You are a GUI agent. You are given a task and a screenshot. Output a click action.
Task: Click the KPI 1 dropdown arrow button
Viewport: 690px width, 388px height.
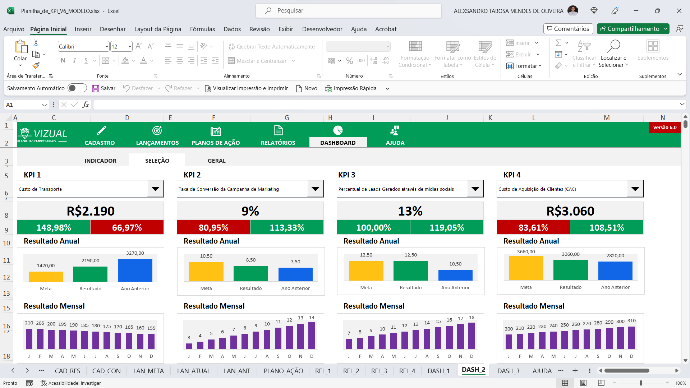click(155, 189)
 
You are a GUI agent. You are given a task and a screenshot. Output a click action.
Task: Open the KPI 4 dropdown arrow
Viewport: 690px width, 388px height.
click(635, 189)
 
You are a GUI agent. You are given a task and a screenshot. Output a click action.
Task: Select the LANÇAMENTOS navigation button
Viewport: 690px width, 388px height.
click(157, 135)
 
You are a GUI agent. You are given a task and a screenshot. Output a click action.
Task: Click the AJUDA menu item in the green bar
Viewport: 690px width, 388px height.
click(395, 135)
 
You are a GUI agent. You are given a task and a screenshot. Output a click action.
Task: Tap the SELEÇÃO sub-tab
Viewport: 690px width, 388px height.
click(157, 161)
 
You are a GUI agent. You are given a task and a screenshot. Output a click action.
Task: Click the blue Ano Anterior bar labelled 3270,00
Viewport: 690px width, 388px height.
click(135, 270)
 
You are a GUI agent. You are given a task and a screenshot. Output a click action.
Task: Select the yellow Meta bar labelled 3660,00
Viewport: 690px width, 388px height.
click(526, 268)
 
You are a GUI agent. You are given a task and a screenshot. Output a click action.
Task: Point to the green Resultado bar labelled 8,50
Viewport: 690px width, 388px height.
click(250, 273)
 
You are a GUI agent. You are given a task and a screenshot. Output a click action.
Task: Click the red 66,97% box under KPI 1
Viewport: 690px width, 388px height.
click(127, 227)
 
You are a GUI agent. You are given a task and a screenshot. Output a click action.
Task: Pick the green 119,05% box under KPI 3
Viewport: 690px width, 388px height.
click(447, 227)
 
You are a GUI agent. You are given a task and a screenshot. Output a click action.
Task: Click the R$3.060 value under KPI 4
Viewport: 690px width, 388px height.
click(570, 211)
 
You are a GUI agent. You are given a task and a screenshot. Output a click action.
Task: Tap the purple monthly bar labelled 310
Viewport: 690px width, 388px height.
click(631, 338)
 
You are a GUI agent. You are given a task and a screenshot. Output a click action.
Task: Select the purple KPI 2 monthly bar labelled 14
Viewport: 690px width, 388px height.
click(312, 336)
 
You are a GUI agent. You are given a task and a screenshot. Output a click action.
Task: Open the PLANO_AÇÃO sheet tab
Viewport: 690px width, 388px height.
click(283, 371)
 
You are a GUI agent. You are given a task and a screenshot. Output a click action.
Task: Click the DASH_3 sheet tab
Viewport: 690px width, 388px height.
click(508, 371)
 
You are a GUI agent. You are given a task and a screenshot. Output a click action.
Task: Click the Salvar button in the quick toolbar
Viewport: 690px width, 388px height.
click(104, 88)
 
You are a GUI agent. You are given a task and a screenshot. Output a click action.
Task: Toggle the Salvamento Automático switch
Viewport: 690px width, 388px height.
click(77, 88)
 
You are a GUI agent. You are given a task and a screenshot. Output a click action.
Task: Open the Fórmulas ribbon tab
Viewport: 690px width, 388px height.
click(202, 29)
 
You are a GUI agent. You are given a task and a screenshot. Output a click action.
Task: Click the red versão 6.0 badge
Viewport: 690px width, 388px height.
click(664, 128)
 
